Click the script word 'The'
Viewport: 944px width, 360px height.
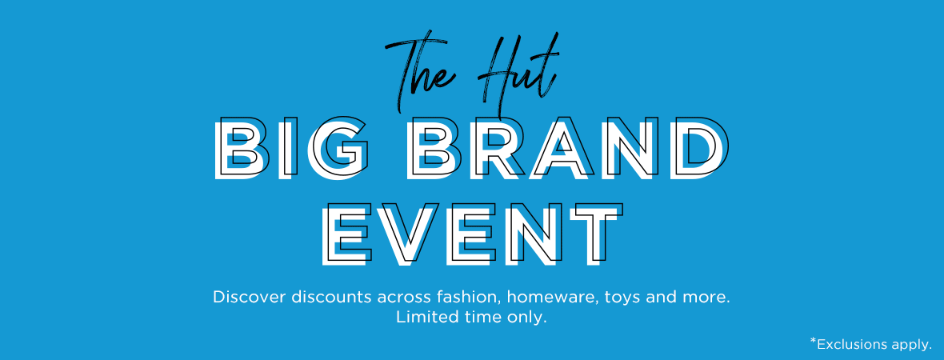[422, 75]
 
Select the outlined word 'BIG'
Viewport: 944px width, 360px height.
[292, 147]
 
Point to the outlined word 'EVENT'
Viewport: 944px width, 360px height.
[473, 234]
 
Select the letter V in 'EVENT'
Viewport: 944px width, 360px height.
[410, 234]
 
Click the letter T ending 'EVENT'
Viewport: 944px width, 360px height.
[595, 234]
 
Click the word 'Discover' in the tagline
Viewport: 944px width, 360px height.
[250, 297]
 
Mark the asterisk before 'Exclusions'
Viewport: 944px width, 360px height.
[813, 342]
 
